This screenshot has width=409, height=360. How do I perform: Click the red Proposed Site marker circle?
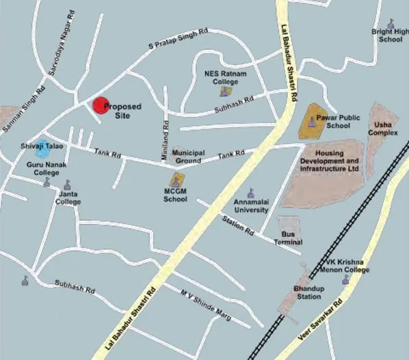[101, 106]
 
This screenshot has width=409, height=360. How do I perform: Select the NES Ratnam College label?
[225, 77]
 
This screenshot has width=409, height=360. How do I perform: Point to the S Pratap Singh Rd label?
[179, 40]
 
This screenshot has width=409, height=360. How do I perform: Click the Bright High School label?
[391, 36]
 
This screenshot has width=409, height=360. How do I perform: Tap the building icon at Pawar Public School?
[312, 123]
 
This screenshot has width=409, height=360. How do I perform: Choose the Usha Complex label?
[383, 128]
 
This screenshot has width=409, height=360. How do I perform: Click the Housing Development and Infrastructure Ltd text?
[329, 161]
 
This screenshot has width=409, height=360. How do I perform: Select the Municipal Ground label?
[187, 156]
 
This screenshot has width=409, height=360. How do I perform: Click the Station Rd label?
[238, 225]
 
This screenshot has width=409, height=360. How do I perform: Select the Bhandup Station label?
[307, 293]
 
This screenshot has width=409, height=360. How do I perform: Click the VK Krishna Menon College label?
[346, 266]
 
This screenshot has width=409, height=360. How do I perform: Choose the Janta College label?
[68, 198]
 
